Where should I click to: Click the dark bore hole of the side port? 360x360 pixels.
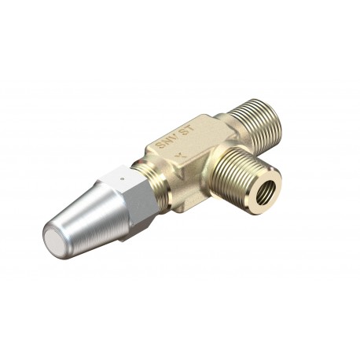click(270, 188)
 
